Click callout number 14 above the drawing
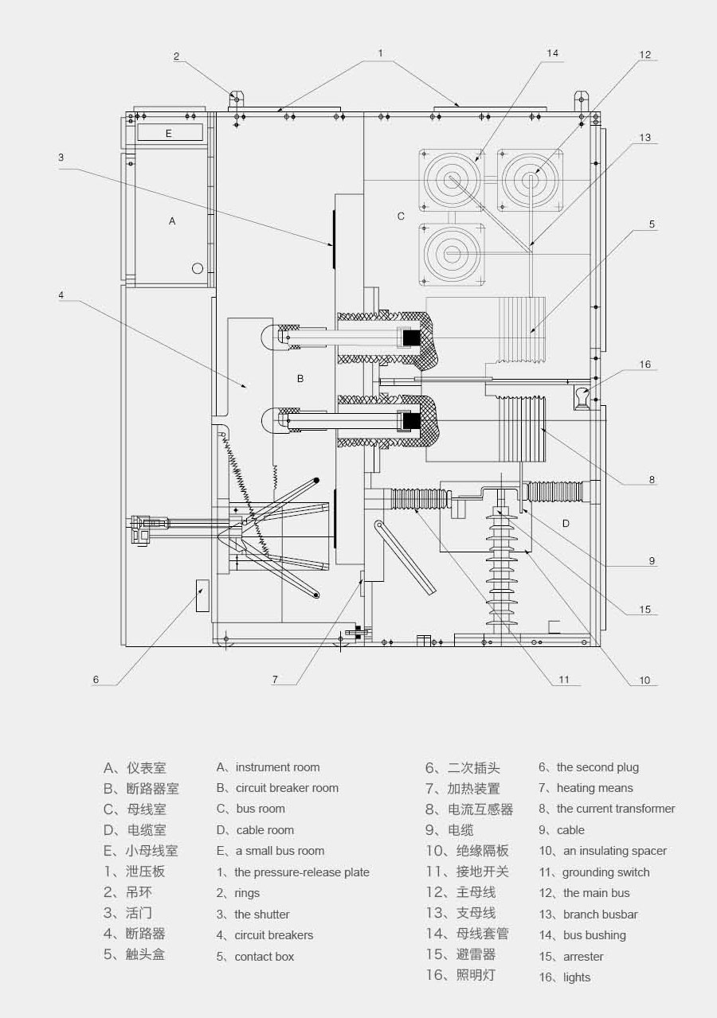coord(552,53)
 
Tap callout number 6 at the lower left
coord(96,680)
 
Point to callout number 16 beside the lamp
coord(645,365)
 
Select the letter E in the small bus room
coord(168,134)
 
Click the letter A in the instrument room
coord(172,221)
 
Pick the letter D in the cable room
coord(566,523)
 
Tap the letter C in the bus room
coord(401,216)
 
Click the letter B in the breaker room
coord(300,379)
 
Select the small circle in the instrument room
coord(198,268)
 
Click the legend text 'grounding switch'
coord(605,872)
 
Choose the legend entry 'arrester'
coord(583,957)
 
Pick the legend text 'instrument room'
coord(277,767)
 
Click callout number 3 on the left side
coord(61,158)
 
